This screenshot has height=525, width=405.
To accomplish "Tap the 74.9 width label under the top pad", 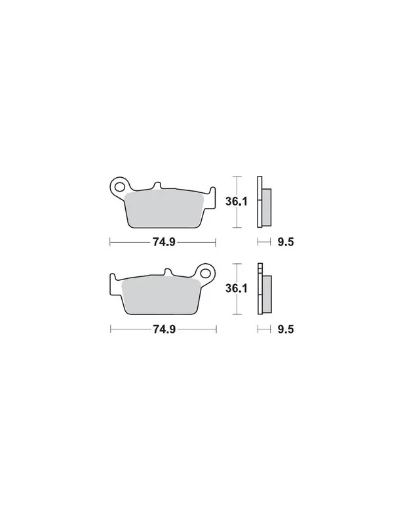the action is coord(164,241).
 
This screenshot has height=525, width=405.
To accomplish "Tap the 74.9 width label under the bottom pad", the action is coord(164,329).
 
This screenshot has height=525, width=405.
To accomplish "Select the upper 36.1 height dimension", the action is coord(237,201).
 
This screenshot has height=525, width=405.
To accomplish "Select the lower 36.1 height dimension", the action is coord(237,288).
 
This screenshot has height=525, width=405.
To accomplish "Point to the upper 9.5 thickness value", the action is coord(286,241).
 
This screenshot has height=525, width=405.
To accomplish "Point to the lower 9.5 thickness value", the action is coord(286,329).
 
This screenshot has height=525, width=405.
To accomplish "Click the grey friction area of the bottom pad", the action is coord(161,296).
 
